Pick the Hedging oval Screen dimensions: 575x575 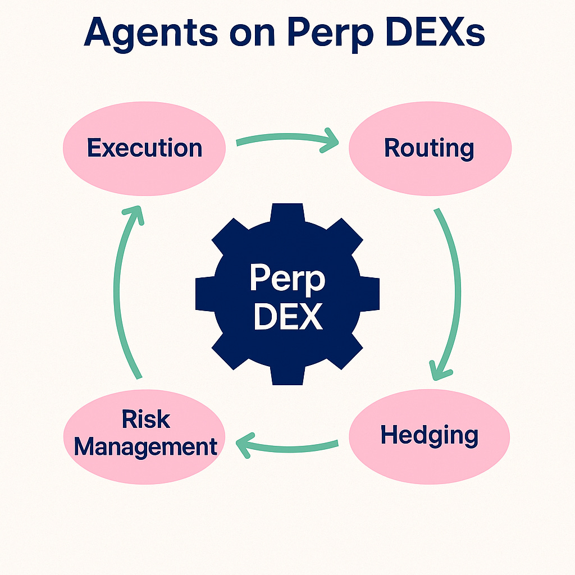pos(430,436)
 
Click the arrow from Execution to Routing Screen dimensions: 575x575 pos(286,139)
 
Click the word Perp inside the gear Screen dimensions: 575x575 pos(287,278)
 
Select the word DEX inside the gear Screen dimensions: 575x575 pos(287,316)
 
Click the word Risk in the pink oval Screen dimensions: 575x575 pos(145,419)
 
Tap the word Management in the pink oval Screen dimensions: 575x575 pos(145,447)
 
